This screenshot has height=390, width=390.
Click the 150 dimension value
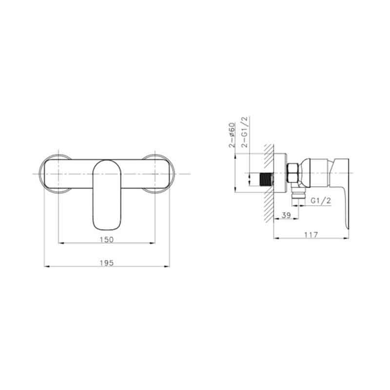coord(106,239)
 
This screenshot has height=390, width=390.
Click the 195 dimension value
coord(106,263)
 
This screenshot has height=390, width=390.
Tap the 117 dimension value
coord(311,235)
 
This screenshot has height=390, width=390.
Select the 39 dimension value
coord(286,215)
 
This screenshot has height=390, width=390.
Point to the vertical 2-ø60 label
coord(232,135)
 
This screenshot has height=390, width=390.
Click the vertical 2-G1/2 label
coord(245,132)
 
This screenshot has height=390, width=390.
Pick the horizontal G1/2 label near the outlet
coord(321,200)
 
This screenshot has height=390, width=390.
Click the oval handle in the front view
coord(107,195)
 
